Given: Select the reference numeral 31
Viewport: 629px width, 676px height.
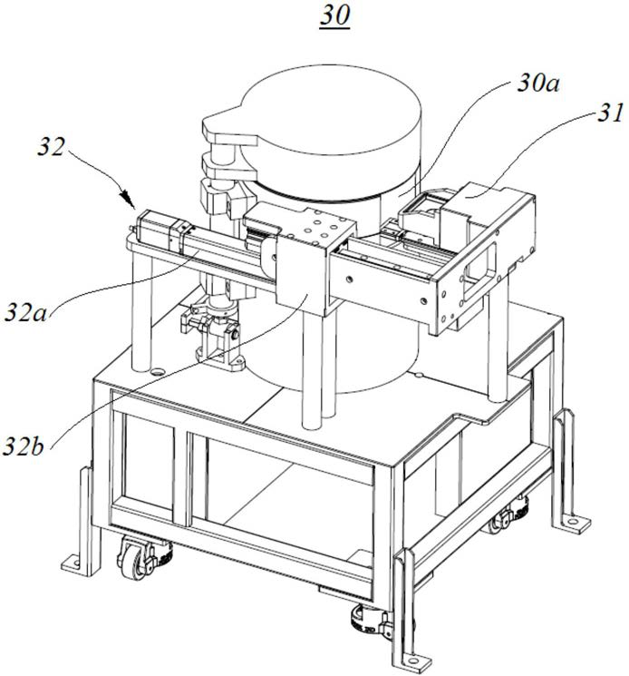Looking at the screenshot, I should [584, 116].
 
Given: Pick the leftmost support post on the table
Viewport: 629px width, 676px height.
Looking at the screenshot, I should [140, 313].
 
